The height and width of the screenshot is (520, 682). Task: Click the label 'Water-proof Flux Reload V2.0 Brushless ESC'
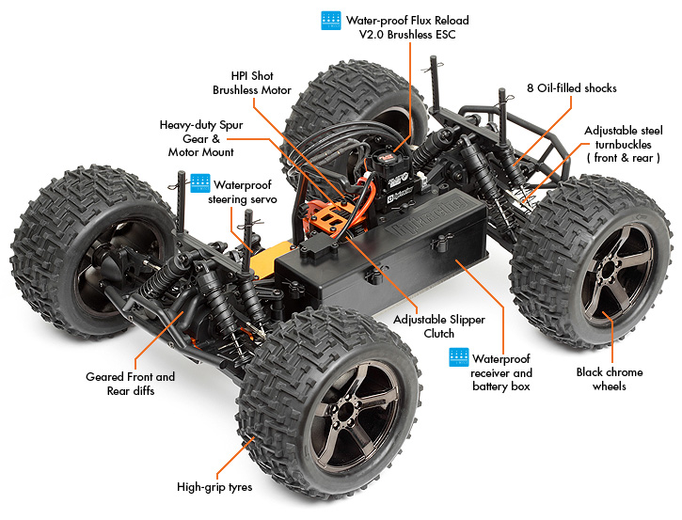tap(407, 27)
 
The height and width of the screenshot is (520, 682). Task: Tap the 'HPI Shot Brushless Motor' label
tap(252, 83)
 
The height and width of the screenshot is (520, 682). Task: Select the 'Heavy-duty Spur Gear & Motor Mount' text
tap(201, 138)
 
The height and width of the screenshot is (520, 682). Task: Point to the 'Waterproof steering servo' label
tap(243, 192)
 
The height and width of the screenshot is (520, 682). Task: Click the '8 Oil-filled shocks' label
tap(572, 87)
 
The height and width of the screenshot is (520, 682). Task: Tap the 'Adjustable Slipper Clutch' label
tap(439, 326)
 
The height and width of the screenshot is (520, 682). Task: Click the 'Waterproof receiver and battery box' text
tap(501, 372)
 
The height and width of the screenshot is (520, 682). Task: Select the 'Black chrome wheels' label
tap(610, 379)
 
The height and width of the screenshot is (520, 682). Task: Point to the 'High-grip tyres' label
tap(214, 486)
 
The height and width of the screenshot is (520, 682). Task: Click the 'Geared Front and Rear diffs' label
tap(131, 384)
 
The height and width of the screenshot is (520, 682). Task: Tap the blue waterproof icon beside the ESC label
tap(331, 21)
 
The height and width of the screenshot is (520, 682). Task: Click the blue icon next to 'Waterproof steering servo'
tap(200, 183)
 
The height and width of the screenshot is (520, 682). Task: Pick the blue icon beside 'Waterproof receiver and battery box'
tap(459, 357)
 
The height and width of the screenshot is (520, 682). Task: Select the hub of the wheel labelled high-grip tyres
tap(346, 411)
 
